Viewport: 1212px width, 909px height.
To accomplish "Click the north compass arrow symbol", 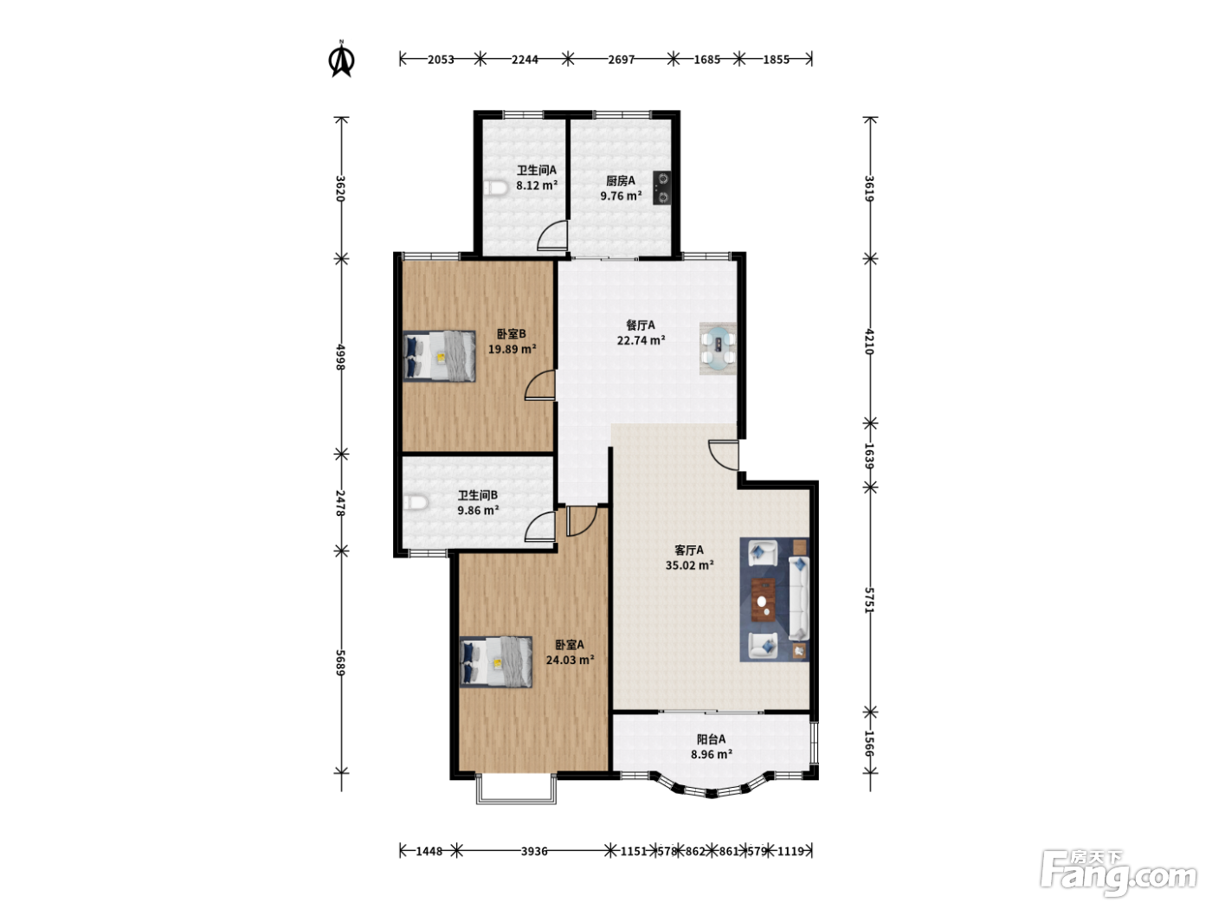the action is [x=342, y=60].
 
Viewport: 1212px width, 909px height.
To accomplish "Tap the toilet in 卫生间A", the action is [x=496, y=189].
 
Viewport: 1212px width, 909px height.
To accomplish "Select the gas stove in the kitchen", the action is [x=662, y=188].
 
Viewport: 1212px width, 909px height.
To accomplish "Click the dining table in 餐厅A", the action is [x=718, y=349].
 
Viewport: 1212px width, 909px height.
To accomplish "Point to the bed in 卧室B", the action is [x=439, y=356].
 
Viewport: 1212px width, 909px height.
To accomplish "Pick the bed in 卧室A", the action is [x=496, y=661].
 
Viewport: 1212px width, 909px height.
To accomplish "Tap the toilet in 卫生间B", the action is [x=416, y=503].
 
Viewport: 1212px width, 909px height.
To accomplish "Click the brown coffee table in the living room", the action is [x=763, y=599].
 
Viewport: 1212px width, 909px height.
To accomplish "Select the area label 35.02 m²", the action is [x=690, y=565].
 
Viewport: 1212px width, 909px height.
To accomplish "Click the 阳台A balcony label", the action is [x=712, y=739].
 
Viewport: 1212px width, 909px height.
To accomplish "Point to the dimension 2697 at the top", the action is [x=622, y=59].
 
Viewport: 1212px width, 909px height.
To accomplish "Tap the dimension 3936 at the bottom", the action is [x=534, y=851].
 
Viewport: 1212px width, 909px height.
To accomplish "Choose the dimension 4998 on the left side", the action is [x=341, y=357].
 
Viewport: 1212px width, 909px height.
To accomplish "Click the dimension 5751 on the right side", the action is [x=870, y=600].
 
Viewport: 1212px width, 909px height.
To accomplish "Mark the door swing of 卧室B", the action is [x=540, y=384].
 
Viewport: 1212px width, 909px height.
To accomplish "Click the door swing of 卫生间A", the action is [x=552, y=235].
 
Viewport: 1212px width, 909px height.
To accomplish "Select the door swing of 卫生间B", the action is [x=540, y=526].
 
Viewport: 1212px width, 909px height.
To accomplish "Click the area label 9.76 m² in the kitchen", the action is [x=622, y=196].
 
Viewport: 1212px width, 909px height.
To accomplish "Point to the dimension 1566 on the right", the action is [x=870, y=744].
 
